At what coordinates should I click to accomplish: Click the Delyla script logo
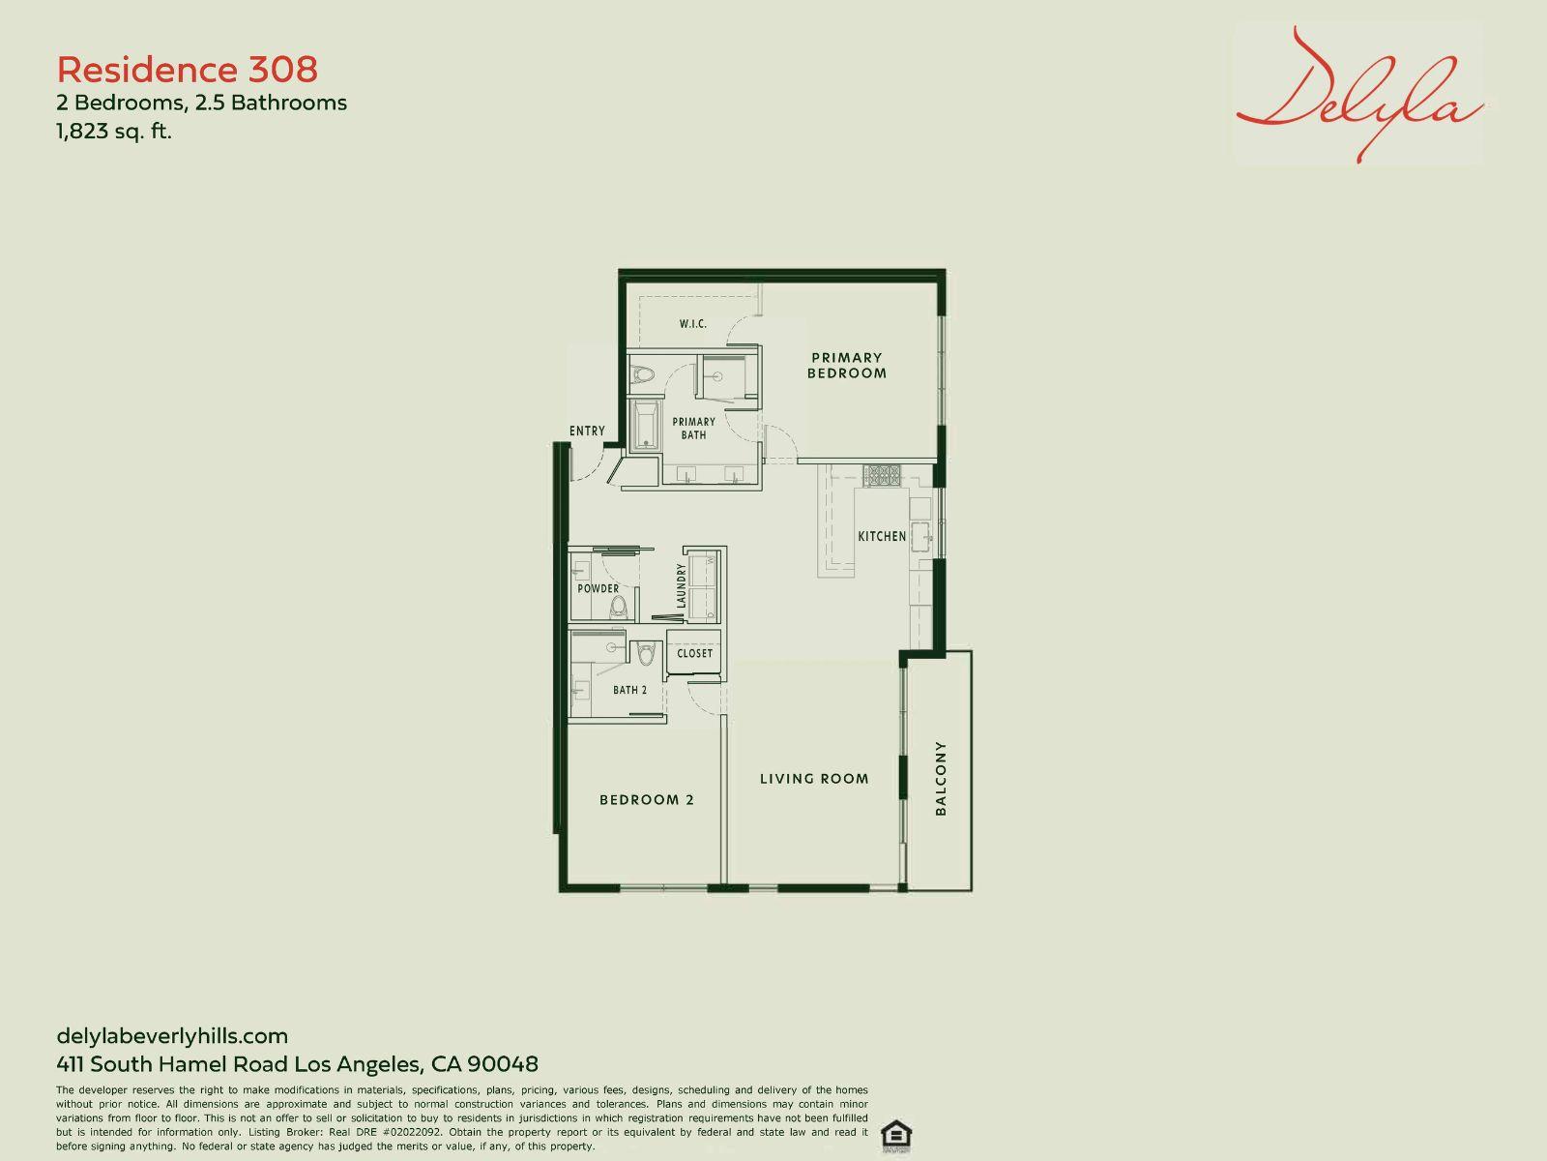pyautogui.click(x=1359, y=95)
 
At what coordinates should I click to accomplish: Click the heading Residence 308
pyautogui.click(x=188, y=70)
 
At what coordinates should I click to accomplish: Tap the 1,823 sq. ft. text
pyautogui.click(x=114, y=132)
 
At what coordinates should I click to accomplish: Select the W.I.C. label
pyautogui.click(x=693, y=323)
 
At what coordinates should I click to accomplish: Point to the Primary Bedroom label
pyautogui.click(x=846, y=365)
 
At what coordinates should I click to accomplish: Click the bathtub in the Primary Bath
pyautogui.click(x=645, y=426)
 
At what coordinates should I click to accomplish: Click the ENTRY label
pyautogui.click(x=587, y=431)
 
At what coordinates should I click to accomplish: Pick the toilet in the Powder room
pyautogui.click(x=618, y=607)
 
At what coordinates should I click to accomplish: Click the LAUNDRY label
pyautogui.click(x=681, y=585)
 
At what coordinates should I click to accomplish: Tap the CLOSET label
pyautogui.click(x=695, y=653)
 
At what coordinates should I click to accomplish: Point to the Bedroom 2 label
pyautogui.click(x=646, y=799)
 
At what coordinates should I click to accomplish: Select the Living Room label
pyautogui.click(x=814, y=778)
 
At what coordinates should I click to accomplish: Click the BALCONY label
pyautogui.click(x=940, y=778)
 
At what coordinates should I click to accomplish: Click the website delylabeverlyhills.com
pyautogui.click(x=172, y=1035)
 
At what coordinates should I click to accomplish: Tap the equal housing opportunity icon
pyautogui.click(x=895, y=1136)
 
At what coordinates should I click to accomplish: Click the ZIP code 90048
pyautogui.click(x=503, y=1063)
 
